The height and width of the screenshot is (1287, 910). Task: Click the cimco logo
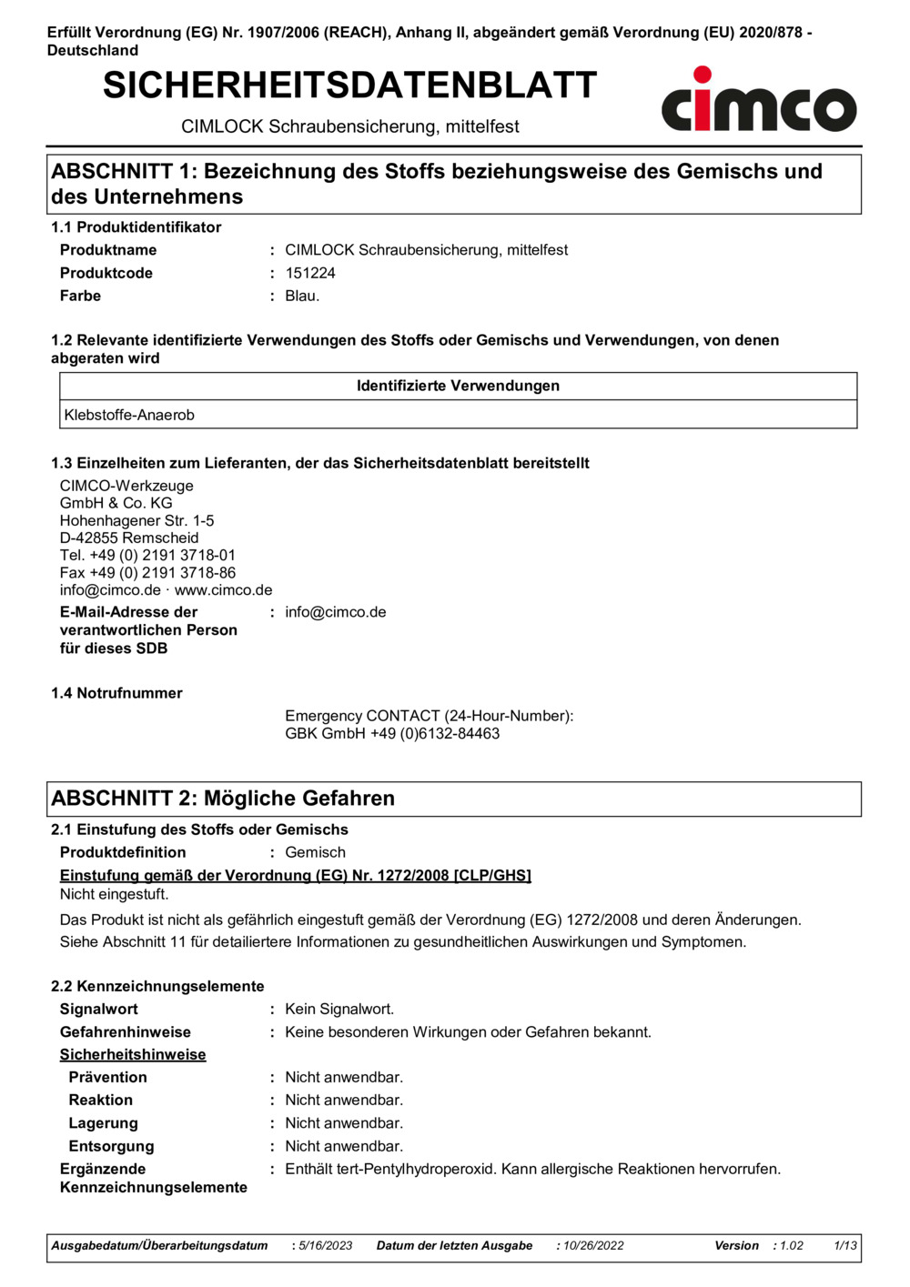(758, 102)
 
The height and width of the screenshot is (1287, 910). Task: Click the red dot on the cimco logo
(703, 75)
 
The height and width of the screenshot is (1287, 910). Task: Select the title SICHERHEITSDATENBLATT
(349, 85)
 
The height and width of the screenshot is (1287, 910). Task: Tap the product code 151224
(310, 273)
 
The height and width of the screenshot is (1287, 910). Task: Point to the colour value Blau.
(302, 296)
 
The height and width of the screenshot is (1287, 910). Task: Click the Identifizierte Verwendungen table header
(458, 386)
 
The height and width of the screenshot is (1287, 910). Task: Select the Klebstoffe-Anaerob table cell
(129, 415)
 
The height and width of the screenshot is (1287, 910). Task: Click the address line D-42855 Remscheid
(129, 538)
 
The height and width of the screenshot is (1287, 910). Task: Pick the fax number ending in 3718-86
(147, 572)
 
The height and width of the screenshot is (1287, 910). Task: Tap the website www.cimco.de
(224, 589)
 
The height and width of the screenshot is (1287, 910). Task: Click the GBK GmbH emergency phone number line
(392, 733)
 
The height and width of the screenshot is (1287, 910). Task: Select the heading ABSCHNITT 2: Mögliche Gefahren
(223, 798)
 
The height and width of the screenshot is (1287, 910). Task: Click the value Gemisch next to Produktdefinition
(315, 852)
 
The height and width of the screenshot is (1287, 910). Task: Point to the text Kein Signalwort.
(339, 1009)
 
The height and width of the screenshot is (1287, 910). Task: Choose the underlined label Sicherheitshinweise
(133, 1054)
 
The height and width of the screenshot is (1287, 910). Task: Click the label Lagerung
(103, 1123)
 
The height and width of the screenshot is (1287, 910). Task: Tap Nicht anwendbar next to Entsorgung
(344, 1146)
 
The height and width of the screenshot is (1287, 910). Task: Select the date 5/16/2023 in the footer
(326, 1245)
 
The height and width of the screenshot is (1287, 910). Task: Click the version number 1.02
(792, 1245)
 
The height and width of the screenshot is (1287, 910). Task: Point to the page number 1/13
(845, 1245)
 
